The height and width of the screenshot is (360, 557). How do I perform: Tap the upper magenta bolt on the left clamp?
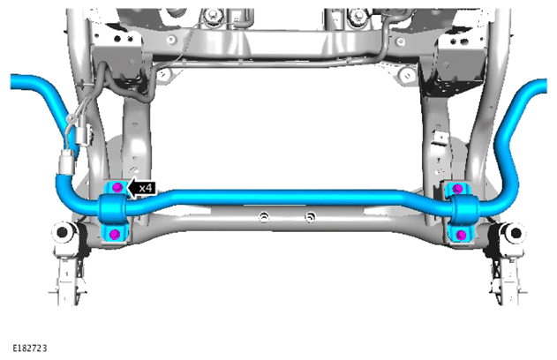117,187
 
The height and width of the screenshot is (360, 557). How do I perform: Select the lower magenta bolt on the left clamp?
115,234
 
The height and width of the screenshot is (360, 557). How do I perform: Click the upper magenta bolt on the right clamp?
458,188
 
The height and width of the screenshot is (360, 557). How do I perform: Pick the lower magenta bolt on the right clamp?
461,235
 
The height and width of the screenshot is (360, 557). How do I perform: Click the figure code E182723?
30,349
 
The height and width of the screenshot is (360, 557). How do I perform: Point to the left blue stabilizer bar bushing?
112,210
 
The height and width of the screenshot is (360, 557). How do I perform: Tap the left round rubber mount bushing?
63,232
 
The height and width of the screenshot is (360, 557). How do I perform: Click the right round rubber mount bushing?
515,233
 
